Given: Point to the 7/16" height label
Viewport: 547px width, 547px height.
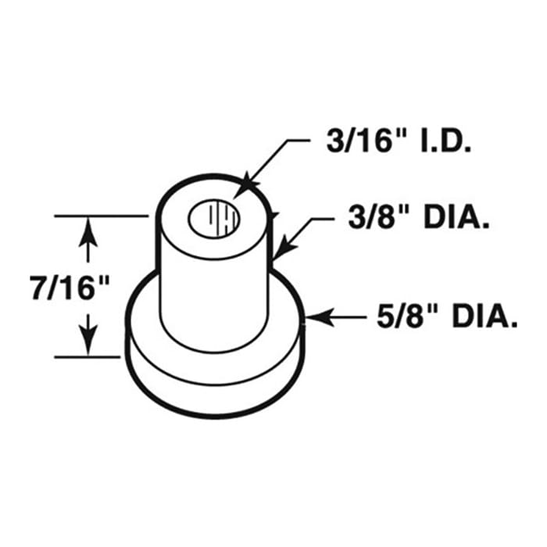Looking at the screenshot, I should click(x=68, y=287).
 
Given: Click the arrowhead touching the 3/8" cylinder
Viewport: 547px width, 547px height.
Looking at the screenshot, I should click(x=281, y=248).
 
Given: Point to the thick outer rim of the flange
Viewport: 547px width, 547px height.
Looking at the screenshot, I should click(x=211, y=391).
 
